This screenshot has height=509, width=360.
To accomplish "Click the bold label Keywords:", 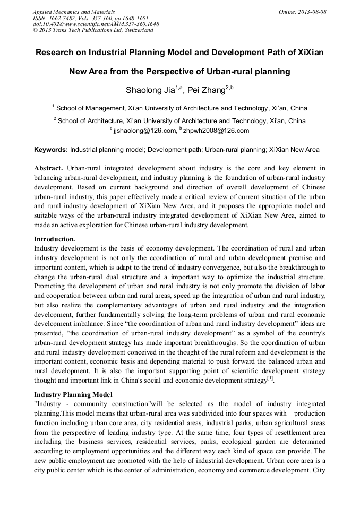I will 51,150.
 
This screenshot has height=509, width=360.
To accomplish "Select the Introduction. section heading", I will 55,239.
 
